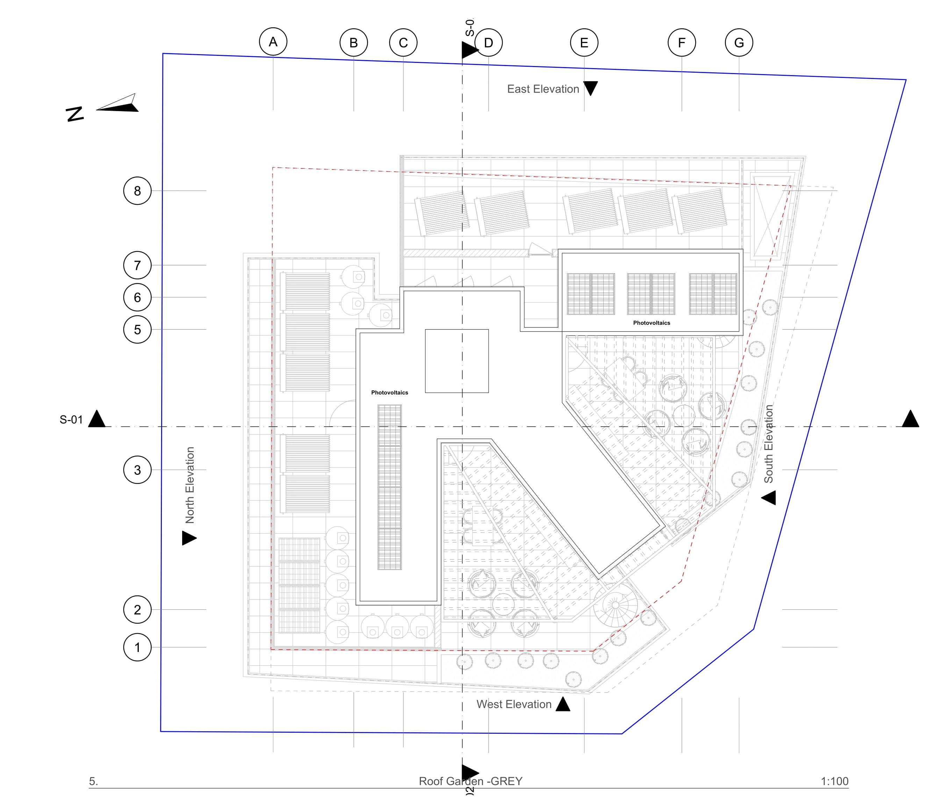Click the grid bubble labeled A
pyautogui.click(x=273, y=42)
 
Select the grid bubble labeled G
pyautogui.click(x=739, y=43)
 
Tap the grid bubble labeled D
pyautogui.click(x=488, y=43)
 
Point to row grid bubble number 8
pyautogui.click(x=137, y=191)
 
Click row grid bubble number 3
pyautogui.click(x=137, y=470)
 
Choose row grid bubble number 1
pyautogui.click(x=137, y=647)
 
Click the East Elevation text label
pyautogui.click(x=542, y=89)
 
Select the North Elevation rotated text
pyautogui.click(x=190, y=485)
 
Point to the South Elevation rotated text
pyautogui.click(x=768, y=444)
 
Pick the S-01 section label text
pyautogui.click(x=71, y=420)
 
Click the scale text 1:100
pyautogui.click(x=834, y=781)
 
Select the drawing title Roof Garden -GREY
pyautogui.click(x=470, y=781)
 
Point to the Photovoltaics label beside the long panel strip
pyautogui.click(x=389, y=392)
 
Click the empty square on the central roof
pyautogui.click(x=456, y=361)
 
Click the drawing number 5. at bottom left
pyautogui.click(x=93, y=781)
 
